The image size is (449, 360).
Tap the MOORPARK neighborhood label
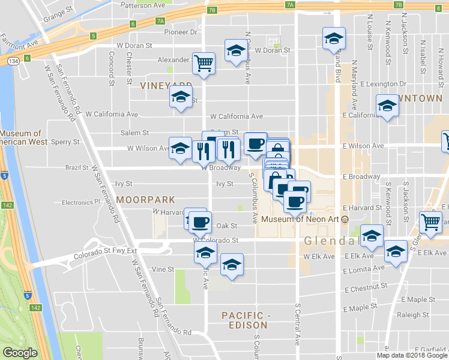[x=146, y=199]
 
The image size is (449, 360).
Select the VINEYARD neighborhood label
[x=165, y=86]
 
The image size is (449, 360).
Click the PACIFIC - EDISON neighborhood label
[x=244, y=320]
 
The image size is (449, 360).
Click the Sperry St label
[x=67, y=142]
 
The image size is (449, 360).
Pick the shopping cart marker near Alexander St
[x=204, y=62]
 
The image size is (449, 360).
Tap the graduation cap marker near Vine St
[x=232, y=265]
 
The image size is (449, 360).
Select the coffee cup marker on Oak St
[x=200, y=223]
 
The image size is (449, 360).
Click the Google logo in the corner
[x=20, y=353]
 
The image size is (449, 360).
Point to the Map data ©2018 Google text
[x=412, y=355]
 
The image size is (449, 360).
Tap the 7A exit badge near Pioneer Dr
[x=160, y=20]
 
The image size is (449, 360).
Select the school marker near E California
[x=388, y=106]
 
